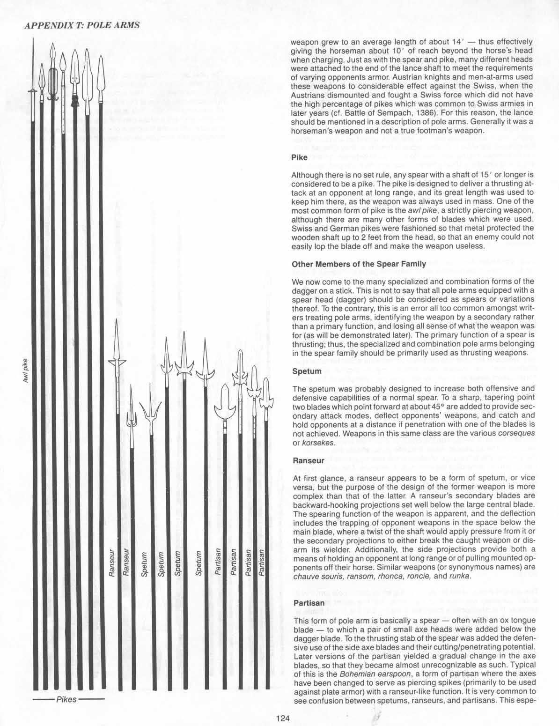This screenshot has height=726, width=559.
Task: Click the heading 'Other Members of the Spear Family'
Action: [x=359, y=264]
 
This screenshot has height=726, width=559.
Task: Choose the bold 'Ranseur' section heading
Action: [x=308, y=460]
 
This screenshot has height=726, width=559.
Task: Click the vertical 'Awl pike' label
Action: [x=26, y=373]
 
